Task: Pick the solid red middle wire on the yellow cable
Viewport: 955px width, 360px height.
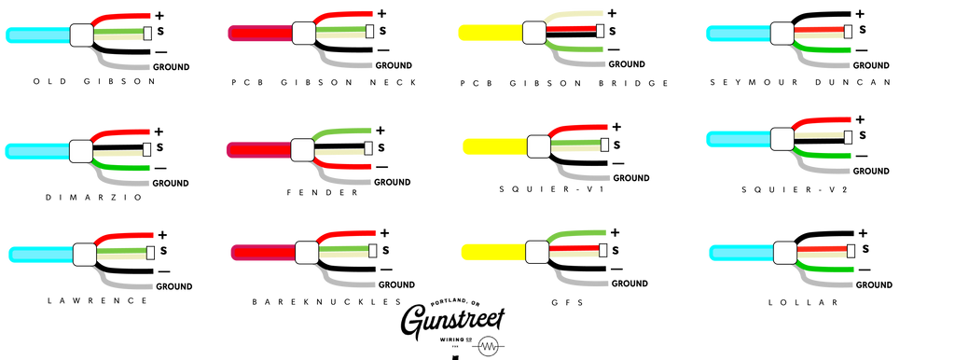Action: pos(571,28)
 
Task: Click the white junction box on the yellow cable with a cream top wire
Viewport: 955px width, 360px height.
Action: pos(534,33)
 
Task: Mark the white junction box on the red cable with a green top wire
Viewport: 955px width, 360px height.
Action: pos(302,149)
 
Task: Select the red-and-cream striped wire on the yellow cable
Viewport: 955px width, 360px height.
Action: pos(573,250)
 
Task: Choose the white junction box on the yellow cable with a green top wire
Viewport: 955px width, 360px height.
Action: pos(537,252)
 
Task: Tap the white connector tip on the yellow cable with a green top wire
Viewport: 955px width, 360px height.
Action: pos(602,251)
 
